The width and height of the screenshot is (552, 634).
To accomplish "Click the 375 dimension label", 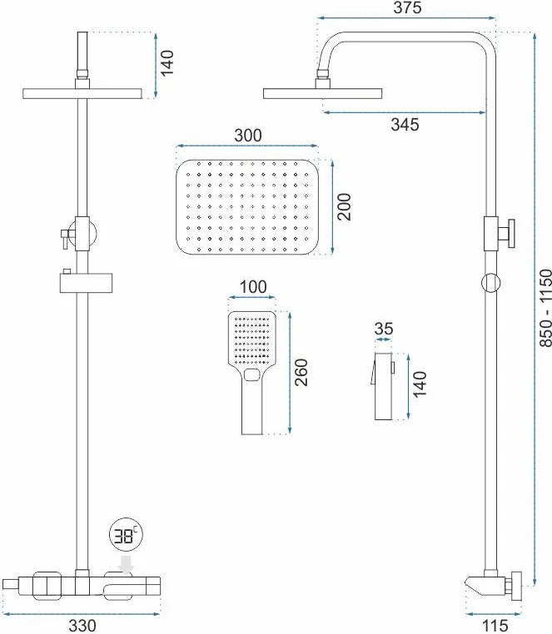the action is [407, 7].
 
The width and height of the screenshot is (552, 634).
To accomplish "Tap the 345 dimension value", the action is [405, 125].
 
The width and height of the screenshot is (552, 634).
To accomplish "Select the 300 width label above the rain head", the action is [248, 136].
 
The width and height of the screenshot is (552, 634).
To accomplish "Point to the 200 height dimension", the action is [344, 207].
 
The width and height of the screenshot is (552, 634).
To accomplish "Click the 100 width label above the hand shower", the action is [253, 287].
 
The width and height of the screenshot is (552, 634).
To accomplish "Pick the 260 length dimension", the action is [301, 373].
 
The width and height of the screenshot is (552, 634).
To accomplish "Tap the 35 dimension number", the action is [384, 329].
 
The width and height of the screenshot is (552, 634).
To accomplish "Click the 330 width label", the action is [82, 626].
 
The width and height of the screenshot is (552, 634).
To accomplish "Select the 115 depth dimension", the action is [495, 626].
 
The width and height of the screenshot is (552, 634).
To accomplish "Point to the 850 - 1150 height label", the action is [546, 308].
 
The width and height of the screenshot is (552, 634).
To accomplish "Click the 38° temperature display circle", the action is [127, 536].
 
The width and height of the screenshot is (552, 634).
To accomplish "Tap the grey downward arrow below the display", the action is [127, 565].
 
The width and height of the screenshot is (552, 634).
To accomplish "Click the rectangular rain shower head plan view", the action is [247, 207].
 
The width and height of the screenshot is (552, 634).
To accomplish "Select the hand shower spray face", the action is [252, 339].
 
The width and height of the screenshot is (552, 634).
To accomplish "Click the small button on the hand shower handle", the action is [252, 374].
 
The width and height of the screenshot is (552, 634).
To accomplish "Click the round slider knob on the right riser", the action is [490, 283].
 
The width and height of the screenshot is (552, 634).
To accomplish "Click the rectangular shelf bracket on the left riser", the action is [86, 283].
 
